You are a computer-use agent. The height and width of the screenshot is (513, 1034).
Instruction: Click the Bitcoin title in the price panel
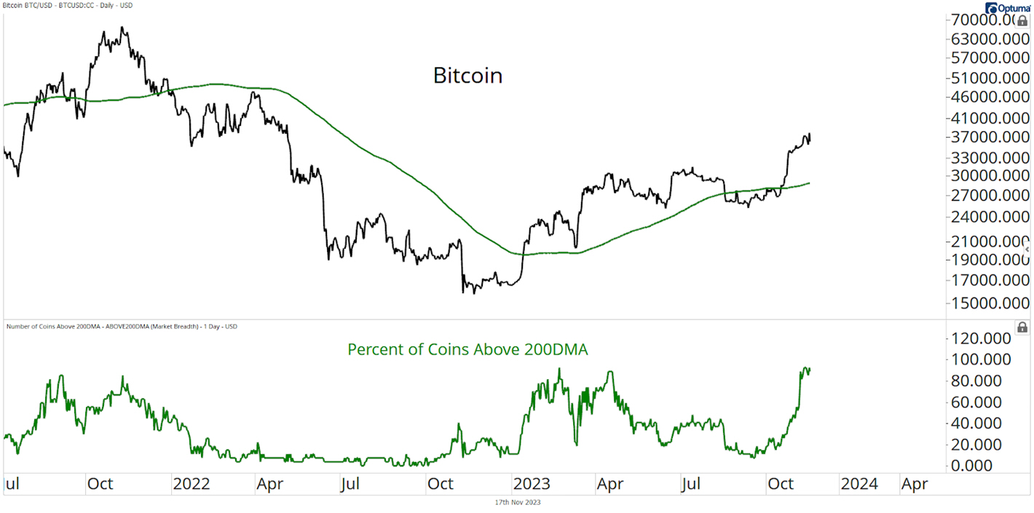[x=467, y=76]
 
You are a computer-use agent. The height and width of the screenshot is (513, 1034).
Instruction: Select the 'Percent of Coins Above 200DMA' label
[x=467, y=349]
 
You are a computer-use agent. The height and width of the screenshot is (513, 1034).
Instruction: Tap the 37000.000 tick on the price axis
[x=990, y=137]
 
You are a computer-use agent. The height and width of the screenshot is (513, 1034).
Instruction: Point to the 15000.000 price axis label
[x=990, y=302]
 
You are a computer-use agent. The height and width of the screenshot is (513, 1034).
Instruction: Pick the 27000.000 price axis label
[x=990, y=195]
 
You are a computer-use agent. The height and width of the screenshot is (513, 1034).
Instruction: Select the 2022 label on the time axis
[x=192, y=484]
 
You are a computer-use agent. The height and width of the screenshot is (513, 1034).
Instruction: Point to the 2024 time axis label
[x=859, y=484]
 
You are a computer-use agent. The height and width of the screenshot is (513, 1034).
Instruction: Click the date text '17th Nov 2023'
[x=517, y=502]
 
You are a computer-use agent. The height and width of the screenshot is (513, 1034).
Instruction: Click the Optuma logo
[x=1008, y=8]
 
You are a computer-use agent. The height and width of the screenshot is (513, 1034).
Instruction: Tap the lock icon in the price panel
[x=1022, y=21]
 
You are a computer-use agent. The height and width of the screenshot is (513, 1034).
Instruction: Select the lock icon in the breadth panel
[x=1022, y=327]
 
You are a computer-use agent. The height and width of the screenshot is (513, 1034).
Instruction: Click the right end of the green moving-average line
[x=810, y=183]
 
